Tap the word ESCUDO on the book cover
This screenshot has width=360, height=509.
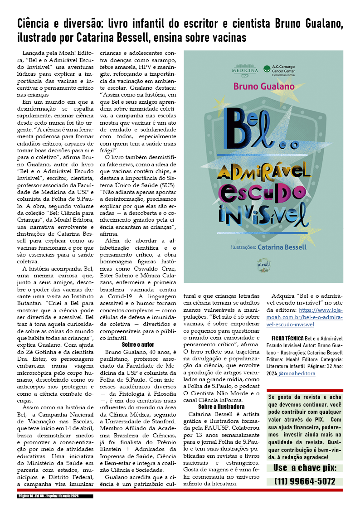coord(264,193)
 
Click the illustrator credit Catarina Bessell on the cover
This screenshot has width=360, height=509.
coord(282,247)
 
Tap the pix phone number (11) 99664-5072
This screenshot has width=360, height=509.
coord(305,481)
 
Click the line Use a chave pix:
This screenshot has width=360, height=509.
coord(305,468)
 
